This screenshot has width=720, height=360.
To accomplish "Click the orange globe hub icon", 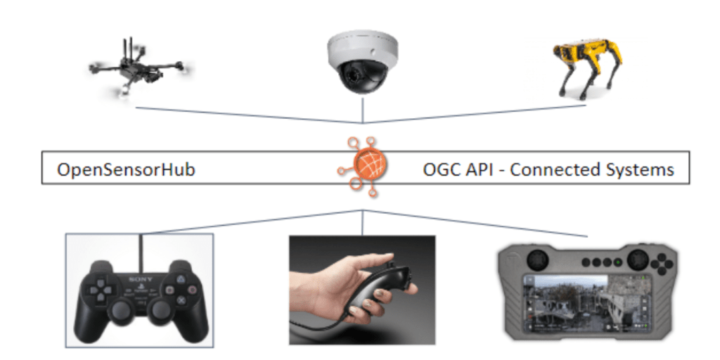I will [x=363, y=167].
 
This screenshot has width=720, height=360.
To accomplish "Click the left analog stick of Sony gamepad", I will [x=122, y=310].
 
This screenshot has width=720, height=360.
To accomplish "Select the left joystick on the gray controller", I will [x=534, y=256].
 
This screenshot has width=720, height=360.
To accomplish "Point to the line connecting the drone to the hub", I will [x=246, y=115].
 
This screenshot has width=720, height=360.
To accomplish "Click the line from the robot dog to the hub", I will [x=478, y=115].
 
